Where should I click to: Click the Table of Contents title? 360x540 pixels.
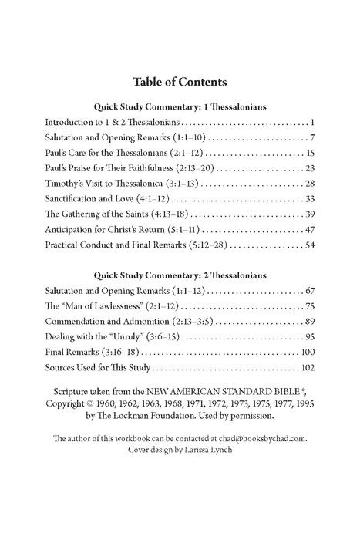pos(180,82)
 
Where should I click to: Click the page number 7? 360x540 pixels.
pos(312,137)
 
